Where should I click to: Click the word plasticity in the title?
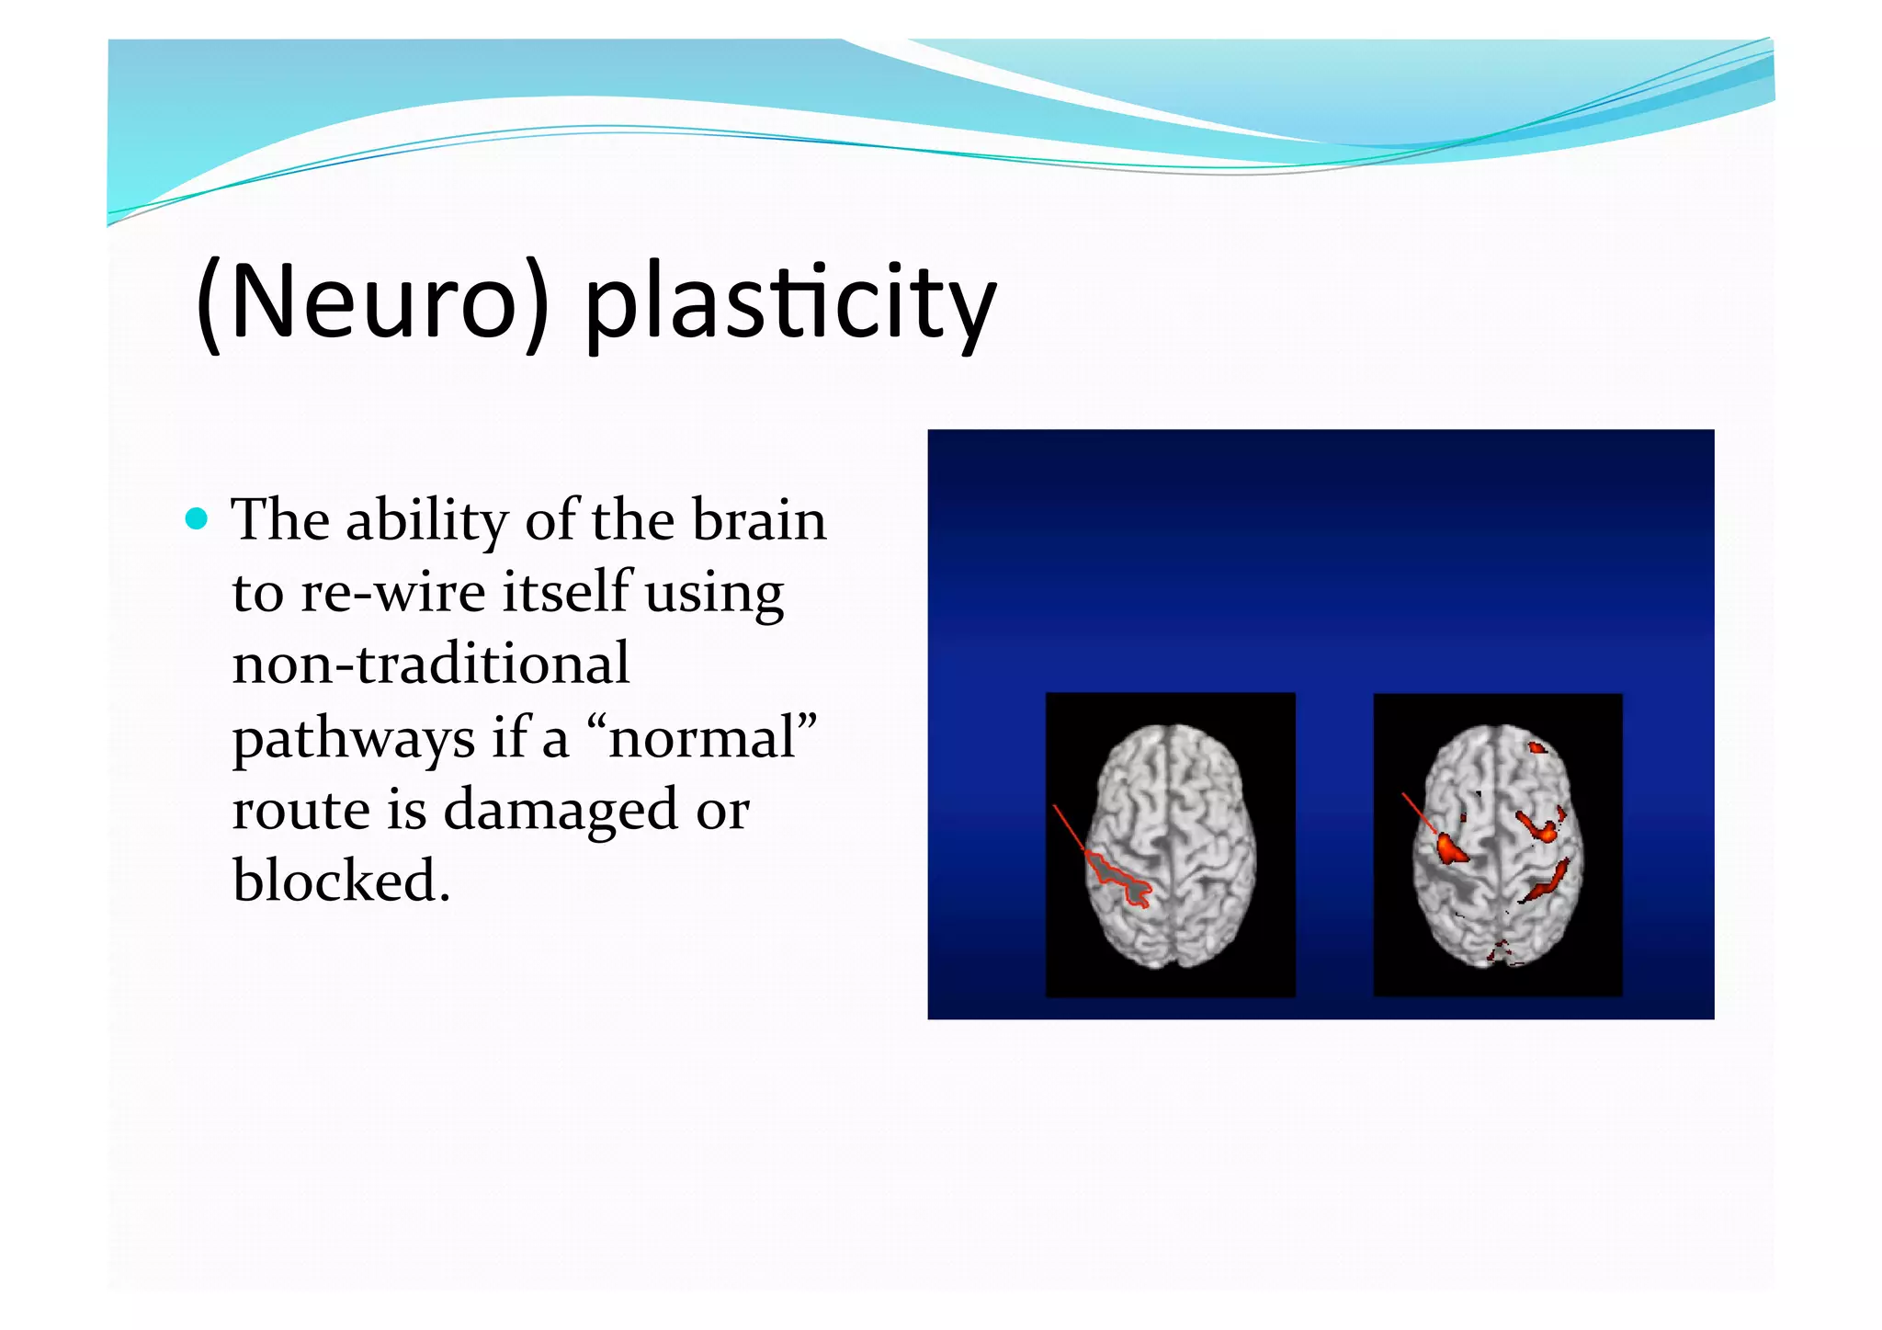pos(790,303)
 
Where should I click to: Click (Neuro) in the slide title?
pos(372,303)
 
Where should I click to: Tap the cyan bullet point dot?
pos(197,519)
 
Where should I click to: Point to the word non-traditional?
pos(430,665)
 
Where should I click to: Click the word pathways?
pos(353,738)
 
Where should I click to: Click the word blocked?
pos(340,881)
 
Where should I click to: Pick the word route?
pos(300,811)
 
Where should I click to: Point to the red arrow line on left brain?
pos(1069,828)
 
